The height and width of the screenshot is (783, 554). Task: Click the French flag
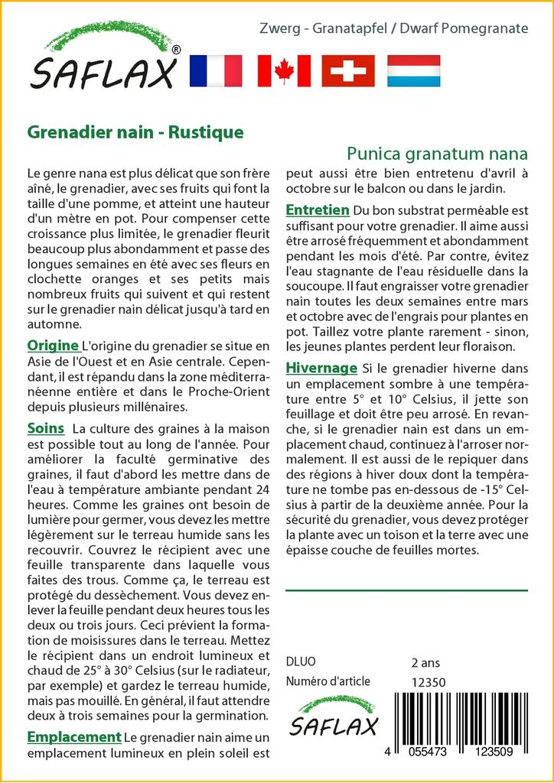tap(215, 71)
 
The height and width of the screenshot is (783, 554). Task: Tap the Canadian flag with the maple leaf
tap(284, 71)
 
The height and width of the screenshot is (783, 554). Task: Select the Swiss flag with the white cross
tap(348, 71)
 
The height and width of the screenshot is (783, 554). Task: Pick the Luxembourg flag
tap(413, 71)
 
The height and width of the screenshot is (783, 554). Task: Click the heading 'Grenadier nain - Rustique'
tap(135, 132)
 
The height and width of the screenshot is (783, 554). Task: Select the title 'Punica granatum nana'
tap(437, 152)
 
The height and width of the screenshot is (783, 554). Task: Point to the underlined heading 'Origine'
tap(53, 345)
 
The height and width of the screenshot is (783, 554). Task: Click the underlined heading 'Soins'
tap(45, 427)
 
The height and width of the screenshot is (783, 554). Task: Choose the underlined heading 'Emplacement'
tap(74, 737)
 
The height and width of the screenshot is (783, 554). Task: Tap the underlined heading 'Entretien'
tap(318, 210)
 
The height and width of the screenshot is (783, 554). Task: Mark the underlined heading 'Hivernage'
tap(321, 368)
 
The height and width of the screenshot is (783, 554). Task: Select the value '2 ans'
tap(425, 662)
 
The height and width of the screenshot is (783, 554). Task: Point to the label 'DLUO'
tap(301, 662)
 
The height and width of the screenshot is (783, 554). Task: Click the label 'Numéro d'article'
tap(328, 681)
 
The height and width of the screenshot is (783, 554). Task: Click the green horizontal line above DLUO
tap(406, 590)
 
